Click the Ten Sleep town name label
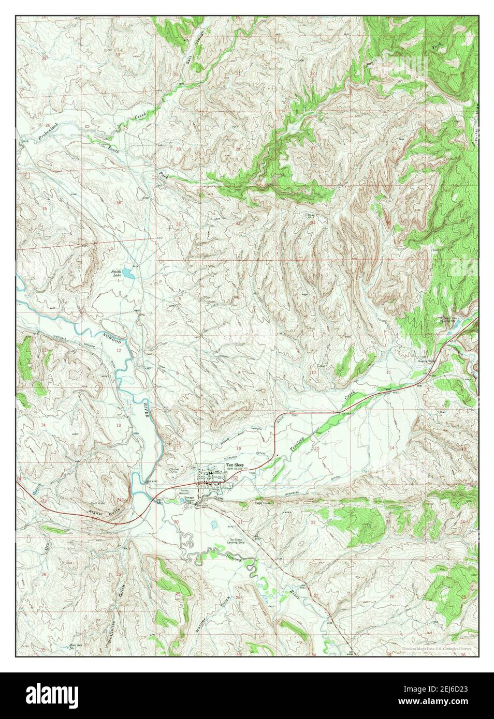pos(235,465)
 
